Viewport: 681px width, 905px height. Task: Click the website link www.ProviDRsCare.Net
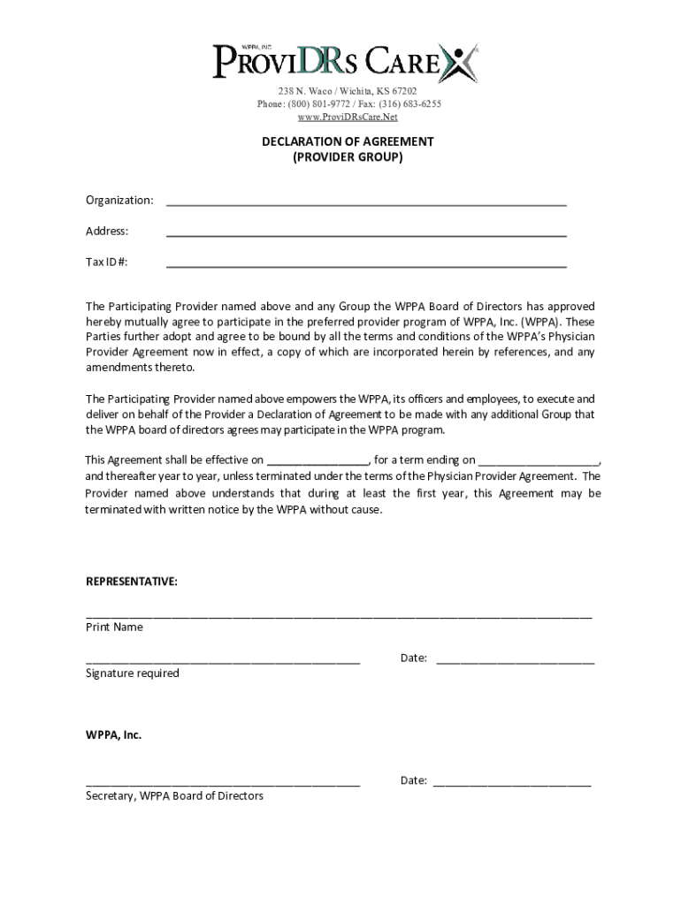pyautogui.click(x=347, y=117)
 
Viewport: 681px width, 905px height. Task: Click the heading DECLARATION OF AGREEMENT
pyautogui.click(x=347, y=141)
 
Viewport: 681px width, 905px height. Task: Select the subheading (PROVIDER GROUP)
pyautogui.click(x=347, y=157)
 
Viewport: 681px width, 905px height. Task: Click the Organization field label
pyautogui.click(x=119, y=201)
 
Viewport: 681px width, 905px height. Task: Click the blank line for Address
pyautogui.click(x=366, y=234)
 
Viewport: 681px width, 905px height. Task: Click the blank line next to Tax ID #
pyautogui.click(x=366, y=265)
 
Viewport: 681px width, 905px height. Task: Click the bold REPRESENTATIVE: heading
pyautogui.click(x=131, y=582)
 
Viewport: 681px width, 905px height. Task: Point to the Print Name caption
pyautogui.click(x=114, y=627)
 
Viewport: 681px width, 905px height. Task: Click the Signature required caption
pyautogui.click(x=132, y=673)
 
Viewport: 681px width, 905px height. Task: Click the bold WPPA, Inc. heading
pyautogui.click(x=113, y=735)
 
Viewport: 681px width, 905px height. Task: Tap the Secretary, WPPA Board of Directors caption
pyautogui.click(x=174, y=796)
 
